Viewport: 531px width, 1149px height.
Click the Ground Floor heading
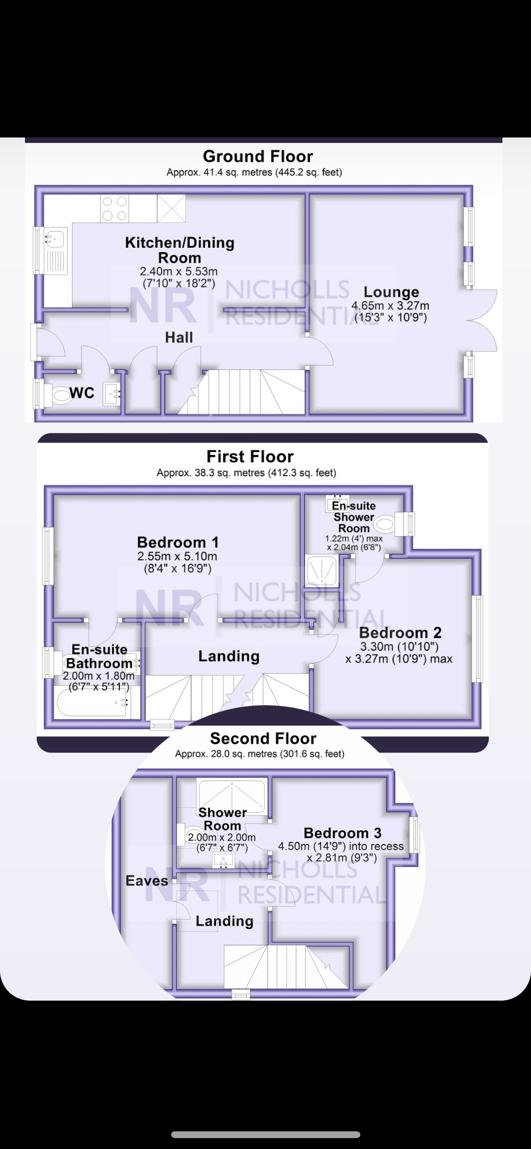[258, 157]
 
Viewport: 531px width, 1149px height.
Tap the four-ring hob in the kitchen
[114, 208]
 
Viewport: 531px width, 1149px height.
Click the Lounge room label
[391, 292]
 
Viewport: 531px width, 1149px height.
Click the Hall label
[179, 337]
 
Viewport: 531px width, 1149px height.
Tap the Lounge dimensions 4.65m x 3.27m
[390, 306]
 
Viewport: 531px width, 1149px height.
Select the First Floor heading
[250, 457]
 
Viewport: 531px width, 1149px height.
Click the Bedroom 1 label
[178, 542]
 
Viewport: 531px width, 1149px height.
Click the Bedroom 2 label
[400, 633]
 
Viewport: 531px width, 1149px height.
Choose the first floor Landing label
[229, 656]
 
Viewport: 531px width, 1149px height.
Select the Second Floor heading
[263, 738]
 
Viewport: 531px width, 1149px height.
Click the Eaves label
[147, 881]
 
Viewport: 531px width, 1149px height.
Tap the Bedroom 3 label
[343, 833]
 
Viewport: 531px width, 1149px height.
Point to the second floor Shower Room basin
[223, 859]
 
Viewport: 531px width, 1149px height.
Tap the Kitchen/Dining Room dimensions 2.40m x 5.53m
[179, 271]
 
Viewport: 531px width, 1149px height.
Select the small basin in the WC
[112, 394]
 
